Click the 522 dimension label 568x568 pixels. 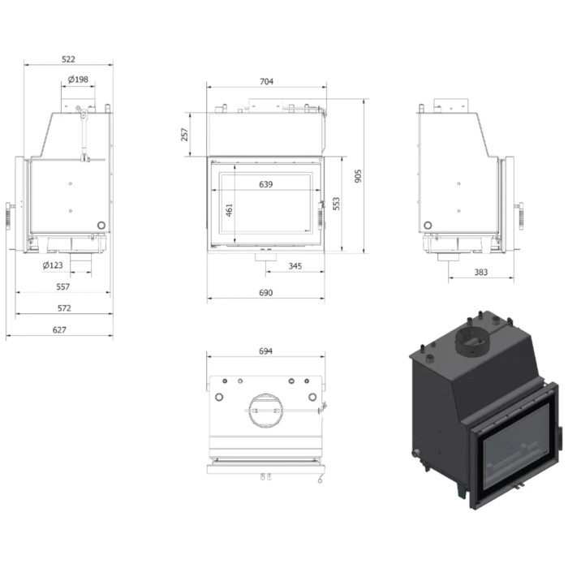pos(68,59)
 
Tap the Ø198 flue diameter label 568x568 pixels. pos(78,79)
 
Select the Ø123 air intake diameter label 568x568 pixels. pos(53,265)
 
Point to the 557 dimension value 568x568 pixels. pos(62,287)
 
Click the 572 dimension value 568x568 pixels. pos(64,308)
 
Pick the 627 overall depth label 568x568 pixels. pos(59,329)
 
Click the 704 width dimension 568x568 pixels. pos(266,81)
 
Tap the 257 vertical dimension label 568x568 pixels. pos(185,135)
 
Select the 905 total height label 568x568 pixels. pos(358,176)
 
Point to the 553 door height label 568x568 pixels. pos(336,204)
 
